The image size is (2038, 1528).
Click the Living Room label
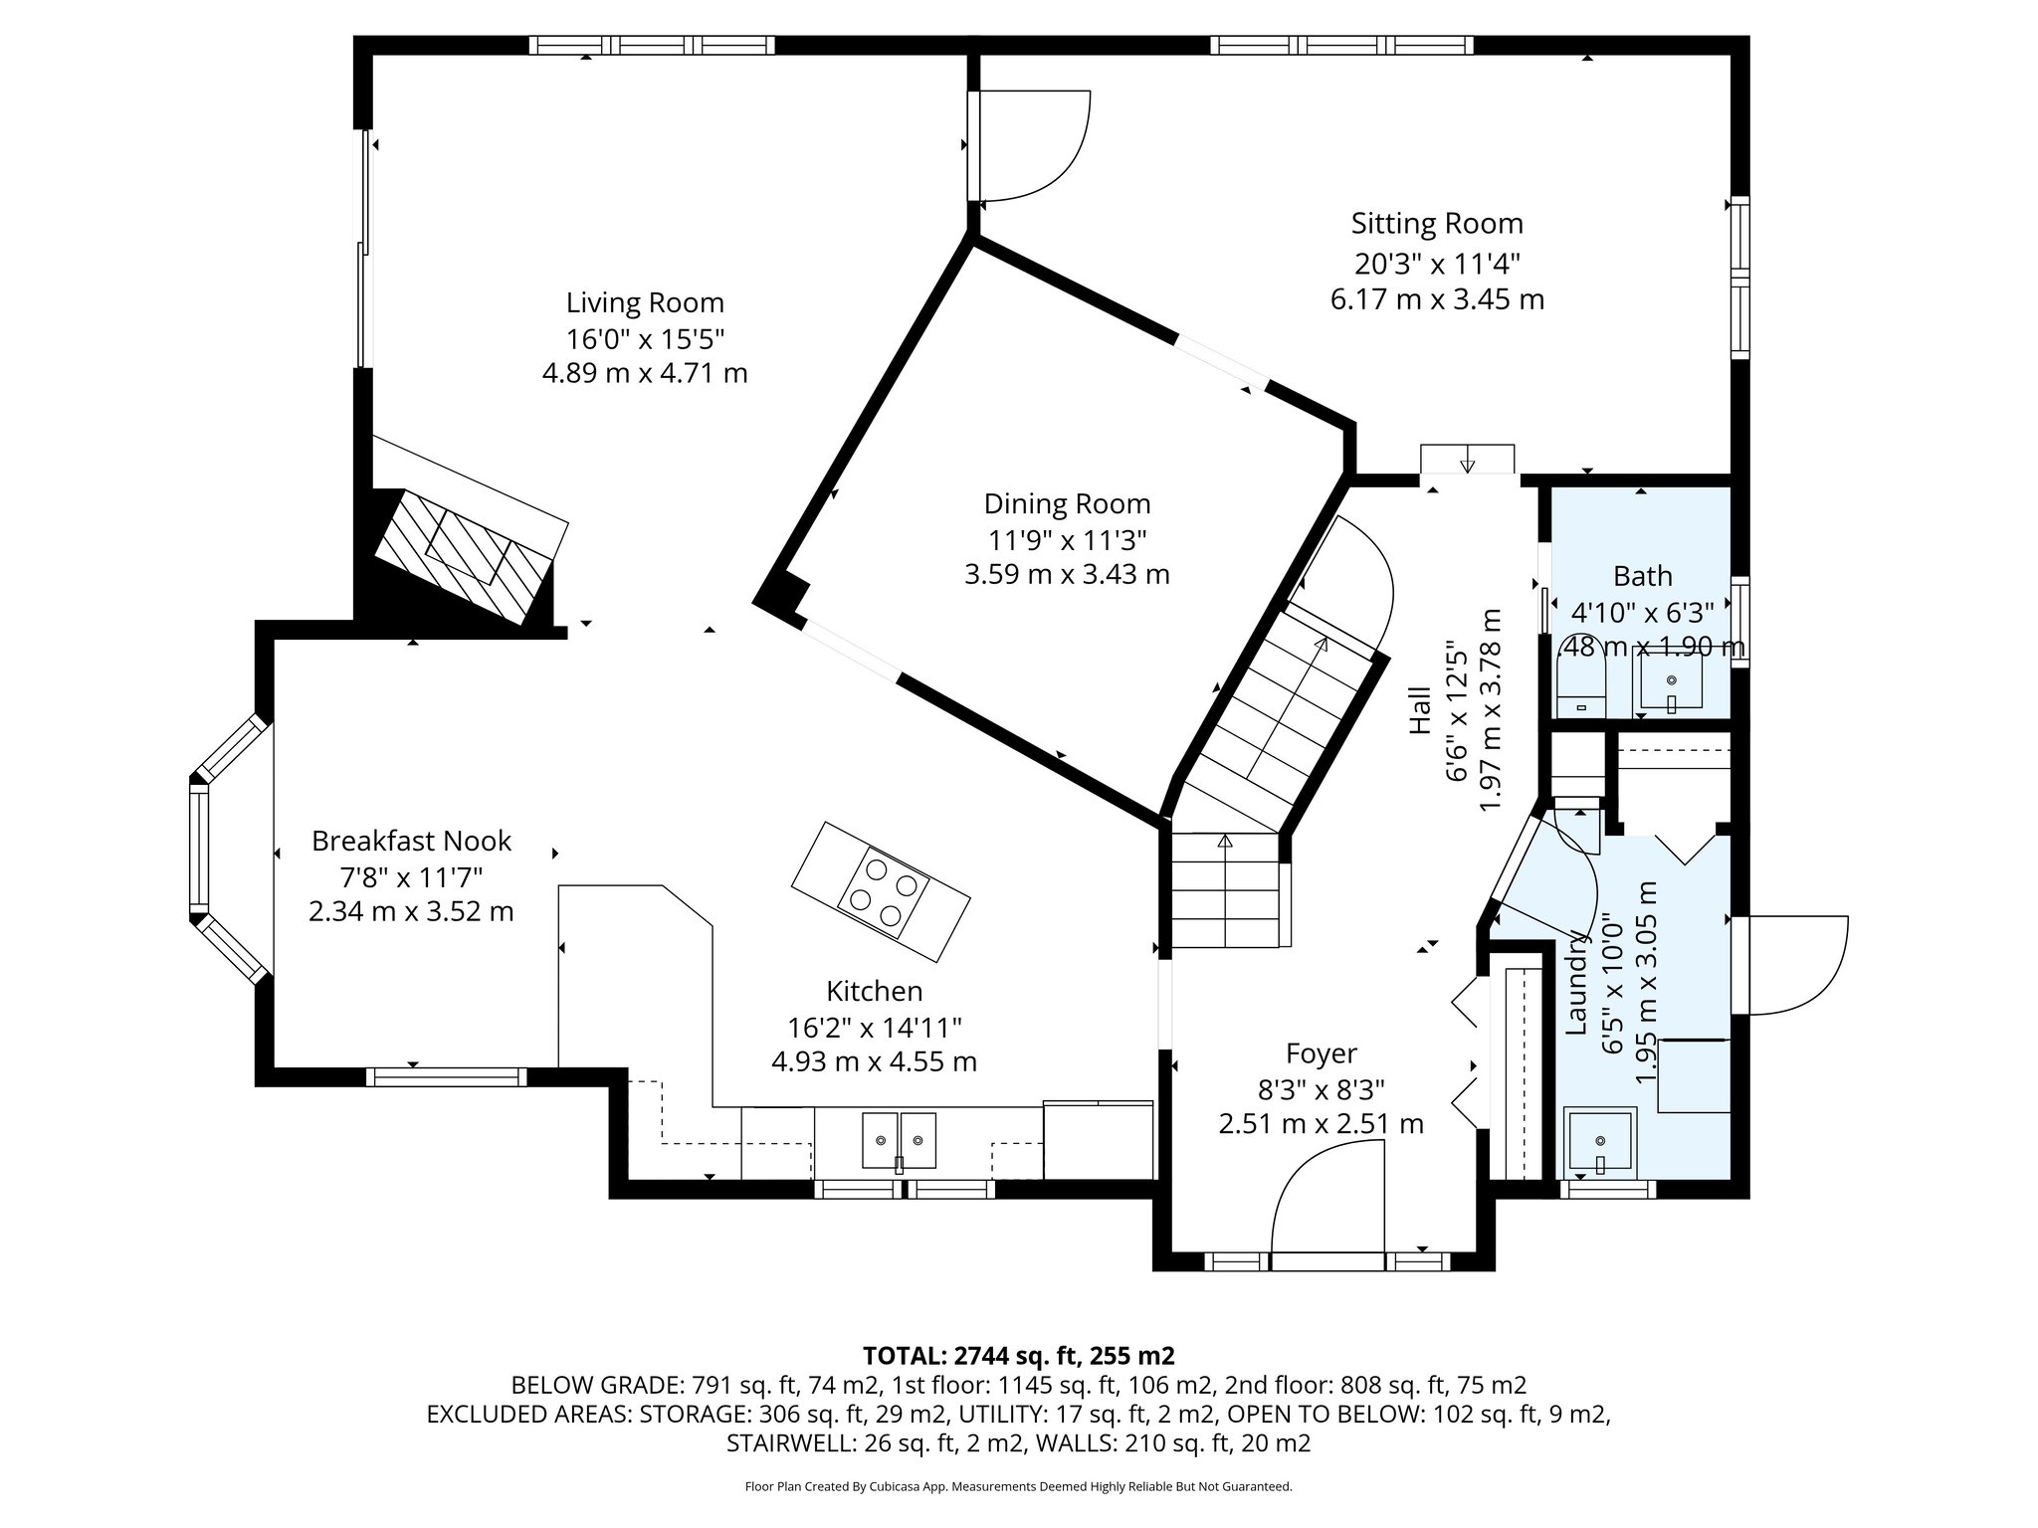645,302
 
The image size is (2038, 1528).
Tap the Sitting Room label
1436,224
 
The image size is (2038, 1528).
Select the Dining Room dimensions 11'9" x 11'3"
1067,540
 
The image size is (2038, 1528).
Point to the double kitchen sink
899,1140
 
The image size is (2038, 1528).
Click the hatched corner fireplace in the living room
463,555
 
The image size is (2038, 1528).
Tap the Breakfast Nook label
411,842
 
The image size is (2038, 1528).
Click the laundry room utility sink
1599,1141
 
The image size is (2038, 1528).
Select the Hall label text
1420,710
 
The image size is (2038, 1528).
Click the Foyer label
1321,1053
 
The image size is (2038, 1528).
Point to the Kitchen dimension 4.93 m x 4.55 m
874,1062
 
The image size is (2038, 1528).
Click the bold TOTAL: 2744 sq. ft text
1018,1356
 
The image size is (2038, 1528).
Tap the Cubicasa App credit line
1018,1486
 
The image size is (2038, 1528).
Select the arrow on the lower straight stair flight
1225,842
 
